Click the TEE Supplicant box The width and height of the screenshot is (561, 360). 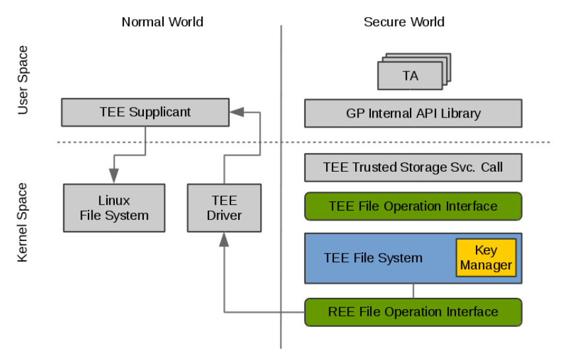point(145,112)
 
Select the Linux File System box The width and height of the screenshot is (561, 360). point(114,208)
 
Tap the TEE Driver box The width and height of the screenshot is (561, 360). point(224,208)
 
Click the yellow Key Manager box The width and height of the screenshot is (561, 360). point(486,258)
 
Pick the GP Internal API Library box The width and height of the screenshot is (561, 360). point(413,113)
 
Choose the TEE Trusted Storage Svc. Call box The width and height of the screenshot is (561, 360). point(413,167)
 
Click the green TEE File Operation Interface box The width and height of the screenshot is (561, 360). point(413,206)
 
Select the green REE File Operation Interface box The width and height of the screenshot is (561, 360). point(413,312)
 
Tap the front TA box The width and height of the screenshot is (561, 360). point(410,75)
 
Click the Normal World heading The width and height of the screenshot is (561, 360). point(162,22)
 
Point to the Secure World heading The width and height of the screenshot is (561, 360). point(405,22)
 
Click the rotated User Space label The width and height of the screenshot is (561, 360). point(22,80)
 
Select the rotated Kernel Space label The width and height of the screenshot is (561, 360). point(22,223)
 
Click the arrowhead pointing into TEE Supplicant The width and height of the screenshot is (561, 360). point(236,112)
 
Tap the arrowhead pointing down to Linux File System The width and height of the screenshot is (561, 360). point(114,176)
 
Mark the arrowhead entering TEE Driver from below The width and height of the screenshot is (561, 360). point(224,240)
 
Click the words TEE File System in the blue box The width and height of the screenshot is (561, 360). point(373,258)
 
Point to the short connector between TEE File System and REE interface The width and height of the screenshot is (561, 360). point(414,291)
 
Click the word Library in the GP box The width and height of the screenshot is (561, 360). point(461,114)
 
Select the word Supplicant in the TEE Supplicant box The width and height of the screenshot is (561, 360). point(160,112)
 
